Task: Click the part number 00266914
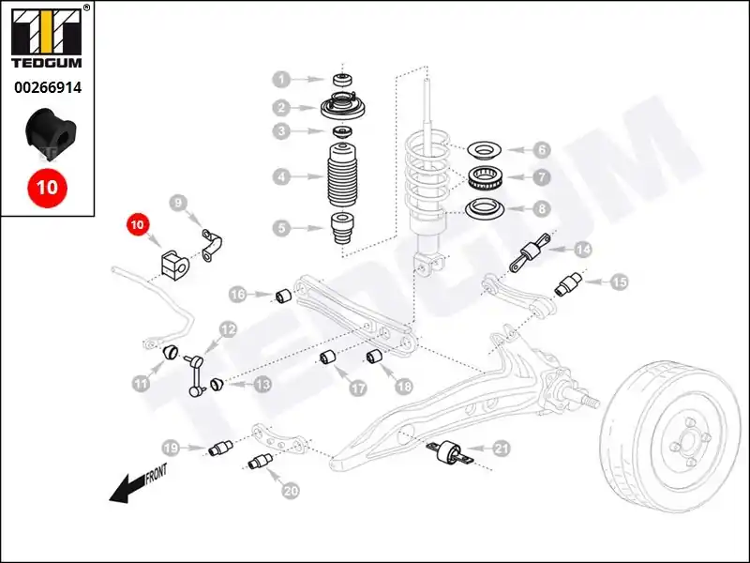coord(48,87)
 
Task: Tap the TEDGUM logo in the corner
coord(47,37)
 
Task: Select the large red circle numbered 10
coord(47,187)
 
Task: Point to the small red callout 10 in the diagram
coord(137,224)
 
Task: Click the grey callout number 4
coord(282,177)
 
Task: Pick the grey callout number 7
coord(542,177)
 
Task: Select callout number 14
coord(582,250)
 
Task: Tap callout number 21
coord(501,449)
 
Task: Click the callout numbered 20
coord(291,491)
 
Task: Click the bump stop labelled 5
coord(342,228)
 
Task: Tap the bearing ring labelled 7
coord(487,177)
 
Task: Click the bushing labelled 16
coord(284,296)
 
